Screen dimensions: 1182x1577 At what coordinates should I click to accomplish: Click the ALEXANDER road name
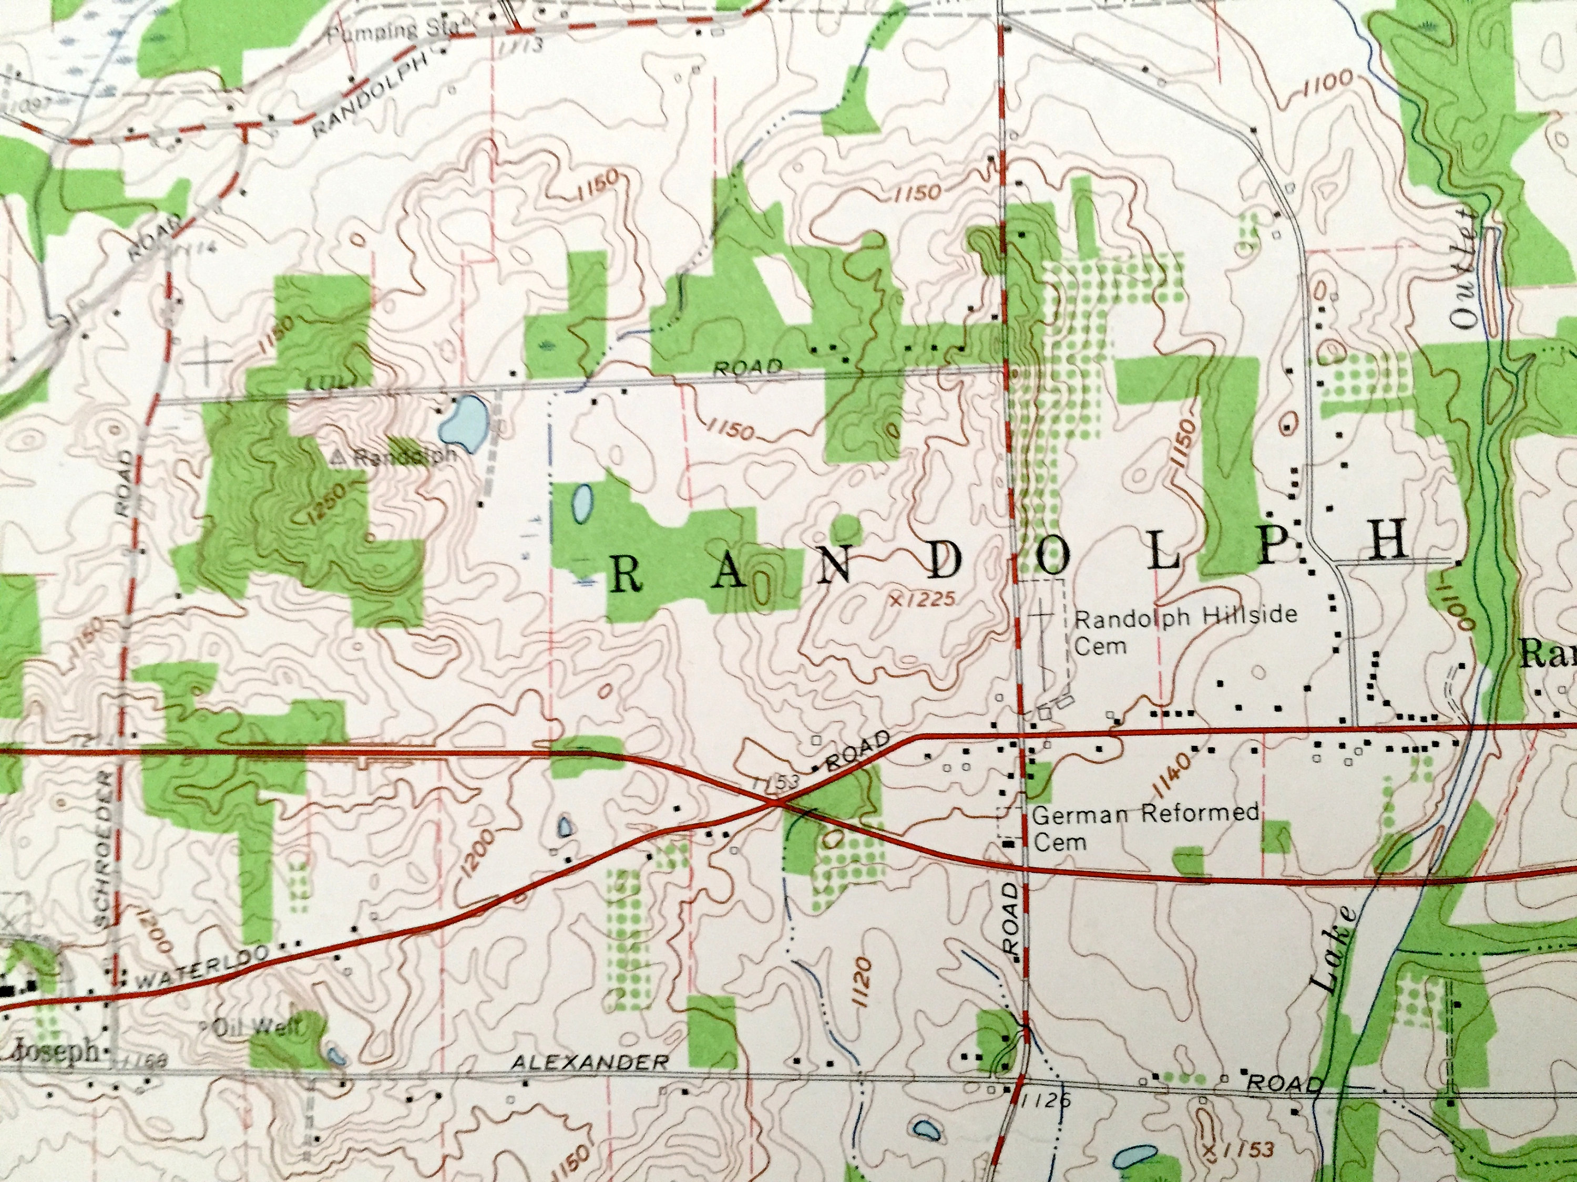click(x=590, y=1062)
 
